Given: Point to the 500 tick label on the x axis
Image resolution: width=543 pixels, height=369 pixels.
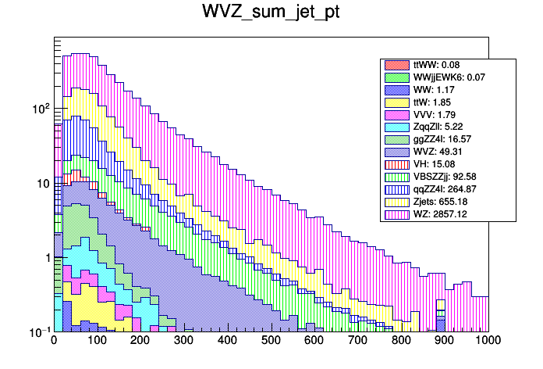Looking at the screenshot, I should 271,341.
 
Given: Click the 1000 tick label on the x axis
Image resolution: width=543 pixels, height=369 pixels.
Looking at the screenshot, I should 487,341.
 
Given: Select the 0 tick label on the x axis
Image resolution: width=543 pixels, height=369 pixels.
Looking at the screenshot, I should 54,341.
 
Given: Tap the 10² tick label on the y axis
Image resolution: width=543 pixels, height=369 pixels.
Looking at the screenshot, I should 38,109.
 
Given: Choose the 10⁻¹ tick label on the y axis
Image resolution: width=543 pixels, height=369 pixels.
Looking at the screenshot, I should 38,331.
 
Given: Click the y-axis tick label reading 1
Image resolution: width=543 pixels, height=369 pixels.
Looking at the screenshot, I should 45,258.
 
